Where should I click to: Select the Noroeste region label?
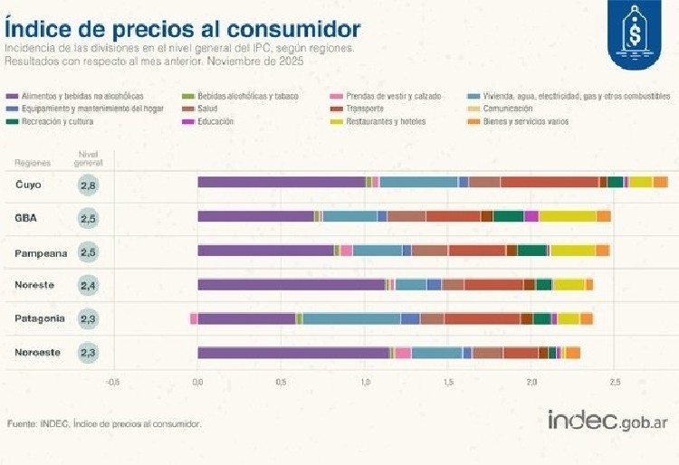point(38,352)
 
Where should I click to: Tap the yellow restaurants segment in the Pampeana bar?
point(572,251)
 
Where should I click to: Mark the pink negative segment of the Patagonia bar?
point(194,318)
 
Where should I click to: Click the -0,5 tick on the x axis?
point(112,381)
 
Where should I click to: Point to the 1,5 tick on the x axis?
point(448,381)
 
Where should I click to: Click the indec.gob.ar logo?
point(608,421)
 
